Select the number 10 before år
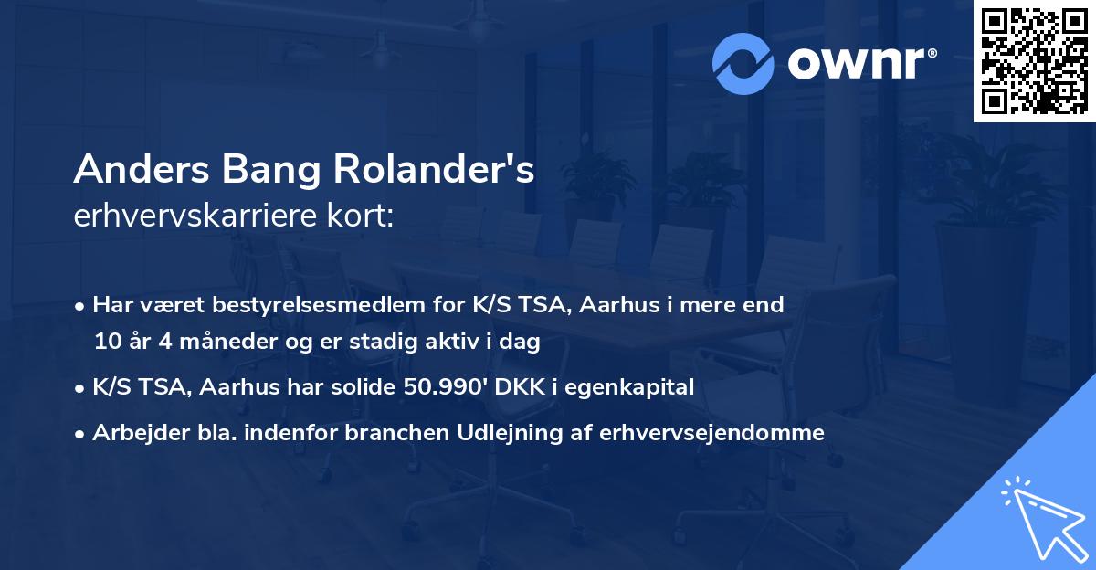click(106, 343)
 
